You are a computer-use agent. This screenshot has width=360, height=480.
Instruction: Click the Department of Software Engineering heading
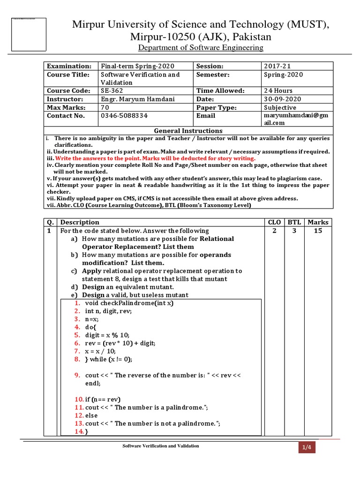(201, 48)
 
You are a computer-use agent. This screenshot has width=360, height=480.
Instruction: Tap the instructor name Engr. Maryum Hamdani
(134, 99)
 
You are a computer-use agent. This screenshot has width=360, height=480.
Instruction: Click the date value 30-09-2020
(283, 99)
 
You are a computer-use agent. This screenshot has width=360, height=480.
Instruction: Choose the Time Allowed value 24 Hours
(278, 90)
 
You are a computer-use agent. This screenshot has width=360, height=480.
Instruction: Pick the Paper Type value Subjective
(280, 107)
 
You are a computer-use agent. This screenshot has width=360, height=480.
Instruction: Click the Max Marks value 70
(105, 107)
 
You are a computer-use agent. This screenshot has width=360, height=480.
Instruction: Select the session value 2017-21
(277, 67)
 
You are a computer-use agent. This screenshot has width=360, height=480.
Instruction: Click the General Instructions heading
(188, 131)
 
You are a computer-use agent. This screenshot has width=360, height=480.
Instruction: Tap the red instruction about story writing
(155, 158)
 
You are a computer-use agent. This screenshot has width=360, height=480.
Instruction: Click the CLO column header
(273, 222)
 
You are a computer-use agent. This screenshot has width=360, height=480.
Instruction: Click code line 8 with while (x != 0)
(108, 360)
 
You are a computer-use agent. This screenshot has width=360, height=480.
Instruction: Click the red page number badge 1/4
(307, 448)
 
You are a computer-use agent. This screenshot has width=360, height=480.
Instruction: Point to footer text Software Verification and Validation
(161, 446)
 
